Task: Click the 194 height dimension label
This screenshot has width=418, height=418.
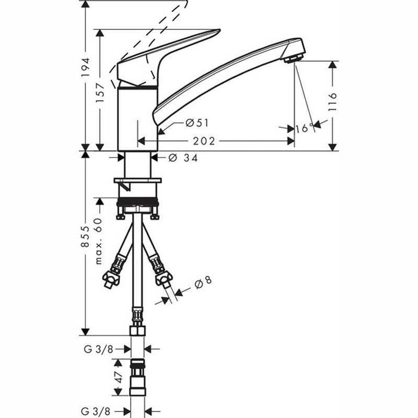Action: pyautogui.click(x=85, y=67)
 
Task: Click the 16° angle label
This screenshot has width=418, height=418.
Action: pyautogui.click(x=304, y=127)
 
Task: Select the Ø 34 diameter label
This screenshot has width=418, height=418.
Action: pyautogui.click(x=183, y=158)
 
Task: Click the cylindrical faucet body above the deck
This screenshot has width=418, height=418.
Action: pyautogui.click(x=137, y=116)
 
